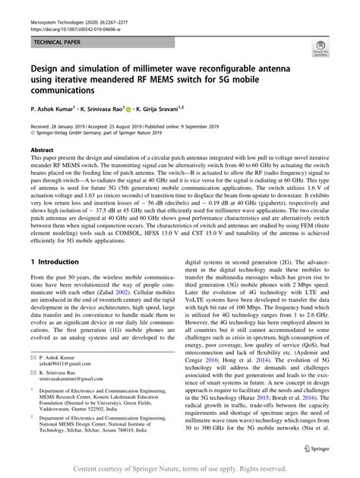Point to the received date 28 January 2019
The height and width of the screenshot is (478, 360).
point(69,127)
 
